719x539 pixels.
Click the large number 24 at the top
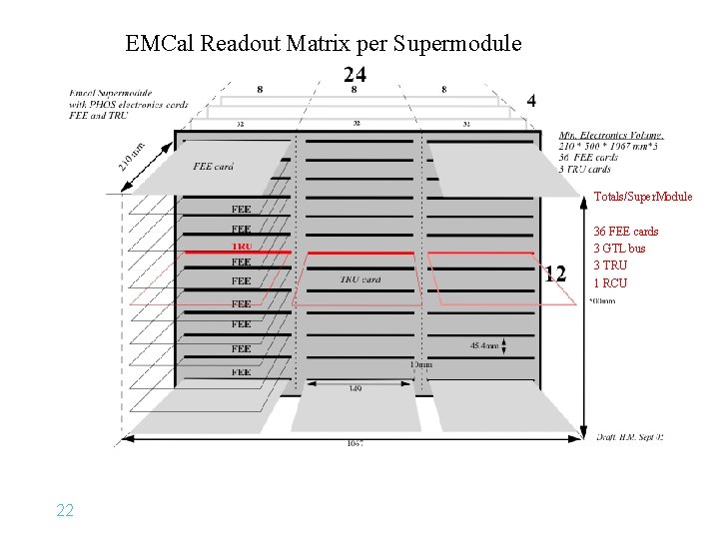[x=355, y=74]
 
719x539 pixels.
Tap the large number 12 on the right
[x=556, y=273]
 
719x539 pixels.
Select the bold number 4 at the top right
[x=531, y=100]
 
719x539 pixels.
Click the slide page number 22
[x=65, y=510]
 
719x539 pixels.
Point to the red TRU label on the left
[x=242, y=246]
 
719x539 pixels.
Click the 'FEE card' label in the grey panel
[x=213, y=166]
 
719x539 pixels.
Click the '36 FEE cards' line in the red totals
[x=626, y=232]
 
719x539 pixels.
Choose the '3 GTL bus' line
[x=620, y=249]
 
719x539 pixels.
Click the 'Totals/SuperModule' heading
[x=643, y=197]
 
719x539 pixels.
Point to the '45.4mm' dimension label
[x=485, y=346]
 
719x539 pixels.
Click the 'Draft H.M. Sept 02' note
[x=629, y=437]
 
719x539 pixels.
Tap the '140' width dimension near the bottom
[x=355, y=388]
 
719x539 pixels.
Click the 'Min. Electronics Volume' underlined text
[x=611, y=136]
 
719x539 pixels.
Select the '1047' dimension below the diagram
[x=355, y=443]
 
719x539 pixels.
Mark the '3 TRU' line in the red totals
[x=611, y=266]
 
